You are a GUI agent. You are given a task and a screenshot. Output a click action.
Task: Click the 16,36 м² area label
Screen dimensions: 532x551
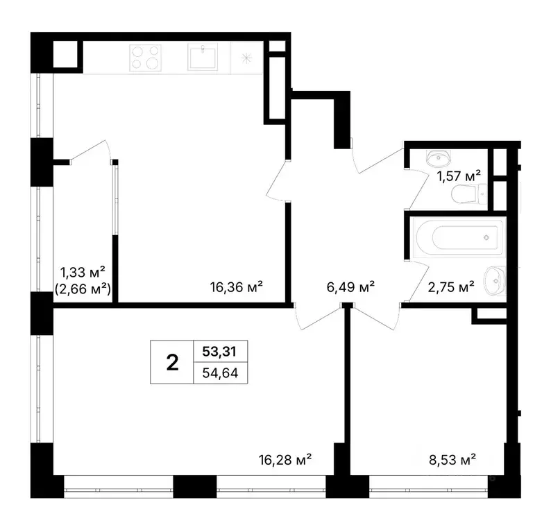pyautogui.click(x=237, y=287)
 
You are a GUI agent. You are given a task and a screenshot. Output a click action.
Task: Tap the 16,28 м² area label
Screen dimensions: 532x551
pyautogui.click(x=285, y=459)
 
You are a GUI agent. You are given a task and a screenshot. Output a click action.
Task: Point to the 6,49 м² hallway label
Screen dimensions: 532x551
pyautogui.click(x=351, y=287)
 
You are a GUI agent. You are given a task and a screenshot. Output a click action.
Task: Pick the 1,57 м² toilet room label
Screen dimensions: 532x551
pyautogui.click(x=459, y=177)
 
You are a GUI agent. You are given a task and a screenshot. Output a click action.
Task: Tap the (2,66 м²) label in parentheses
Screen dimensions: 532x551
pyautogui.click(x=83, y=289)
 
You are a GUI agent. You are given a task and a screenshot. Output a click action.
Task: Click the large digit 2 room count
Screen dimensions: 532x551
pyautogui.click(x=171, y=361)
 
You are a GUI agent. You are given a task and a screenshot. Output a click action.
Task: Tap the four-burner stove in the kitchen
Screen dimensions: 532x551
pyautogui.click(x=144, y=57)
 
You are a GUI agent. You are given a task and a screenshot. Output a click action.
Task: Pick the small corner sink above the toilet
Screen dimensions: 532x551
pyautogui.click(x=439, y=157)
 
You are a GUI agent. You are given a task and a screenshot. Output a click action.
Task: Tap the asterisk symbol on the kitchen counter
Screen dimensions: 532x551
pyautogui.click(x=246, y=58)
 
